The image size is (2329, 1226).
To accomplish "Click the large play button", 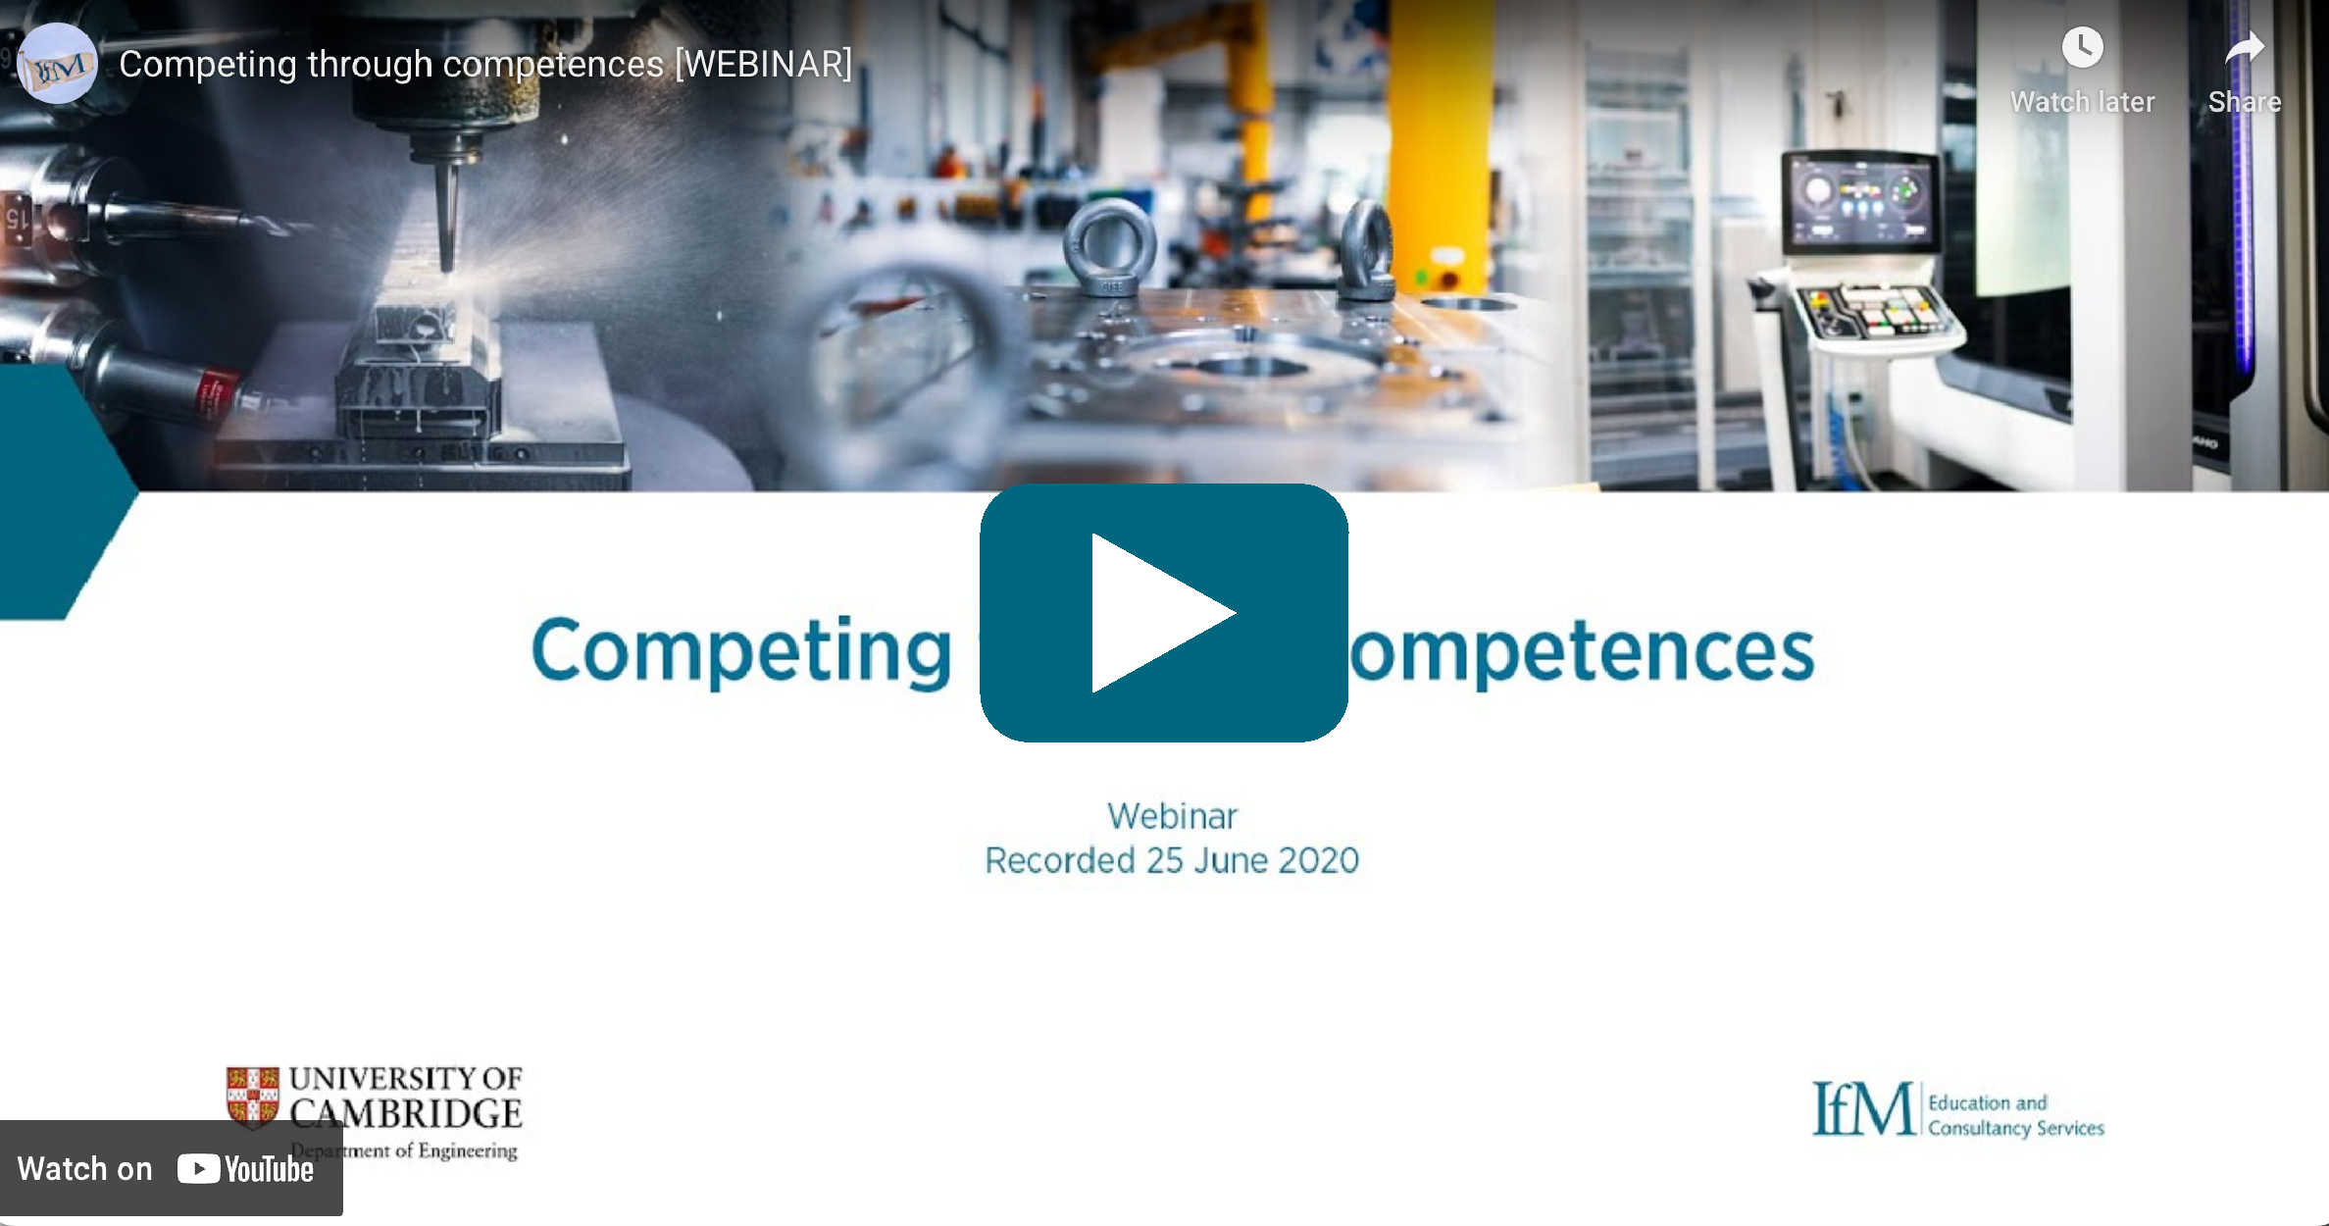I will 1163,613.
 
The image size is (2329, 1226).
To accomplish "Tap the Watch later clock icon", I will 2082,47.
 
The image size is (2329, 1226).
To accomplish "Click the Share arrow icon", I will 2244,47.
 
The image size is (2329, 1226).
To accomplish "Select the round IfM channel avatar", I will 58,64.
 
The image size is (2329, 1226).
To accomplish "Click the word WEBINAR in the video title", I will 763,65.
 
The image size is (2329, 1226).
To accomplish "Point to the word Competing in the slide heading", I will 741,651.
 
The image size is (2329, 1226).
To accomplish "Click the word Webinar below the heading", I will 1172,816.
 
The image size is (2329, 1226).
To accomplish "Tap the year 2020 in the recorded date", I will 1318,860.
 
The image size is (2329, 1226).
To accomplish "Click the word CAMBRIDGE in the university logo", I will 406,1114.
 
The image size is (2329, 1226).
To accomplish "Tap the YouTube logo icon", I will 198,1169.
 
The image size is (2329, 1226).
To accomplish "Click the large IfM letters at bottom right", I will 1862,1109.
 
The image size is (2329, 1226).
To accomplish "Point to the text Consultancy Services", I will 2015,1128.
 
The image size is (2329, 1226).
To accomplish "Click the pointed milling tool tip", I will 447,260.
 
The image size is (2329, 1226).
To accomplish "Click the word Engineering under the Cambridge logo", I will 467,1150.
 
